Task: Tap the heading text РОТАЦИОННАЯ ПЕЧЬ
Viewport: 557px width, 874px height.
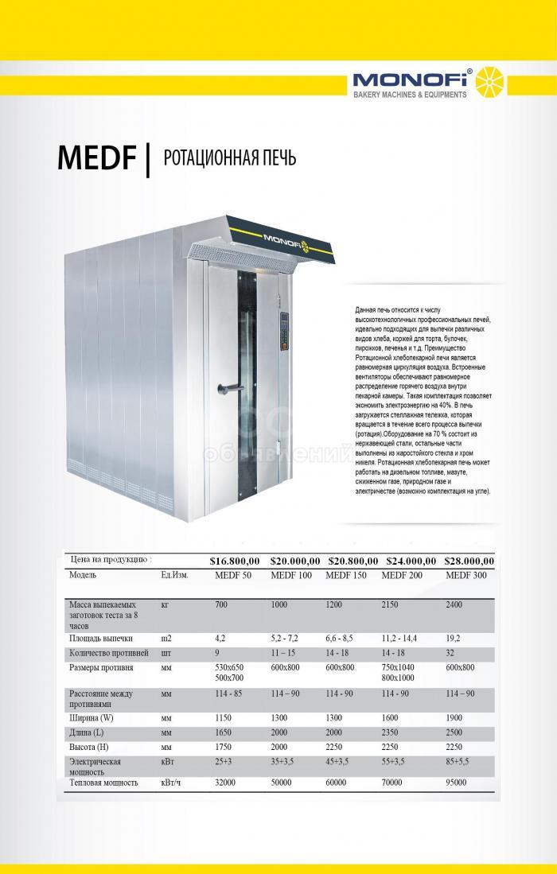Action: point(229,158)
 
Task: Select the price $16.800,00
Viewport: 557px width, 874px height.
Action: point(236,561)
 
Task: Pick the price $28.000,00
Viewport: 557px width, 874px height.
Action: point(469,561)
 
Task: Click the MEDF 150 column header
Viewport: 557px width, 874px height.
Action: point(347,575)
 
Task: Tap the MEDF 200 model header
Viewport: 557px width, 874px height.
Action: point(402,575)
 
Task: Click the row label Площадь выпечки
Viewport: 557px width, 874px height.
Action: point(100,638)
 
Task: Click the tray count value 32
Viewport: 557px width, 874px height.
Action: point(451,653)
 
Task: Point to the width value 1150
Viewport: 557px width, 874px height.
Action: point(225,717)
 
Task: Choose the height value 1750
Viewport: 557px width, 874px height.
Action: point(225,748)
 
